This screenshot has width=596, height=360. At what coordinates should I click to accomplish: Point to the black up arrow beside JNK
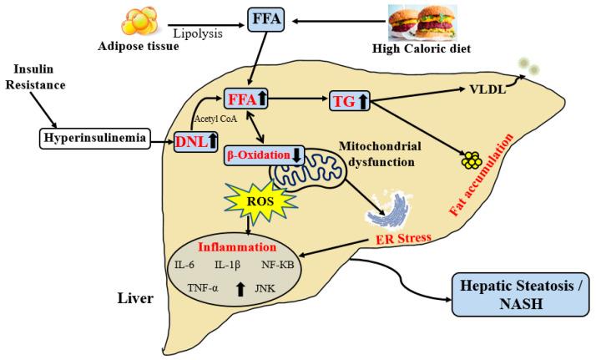(x=240, y=289)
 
